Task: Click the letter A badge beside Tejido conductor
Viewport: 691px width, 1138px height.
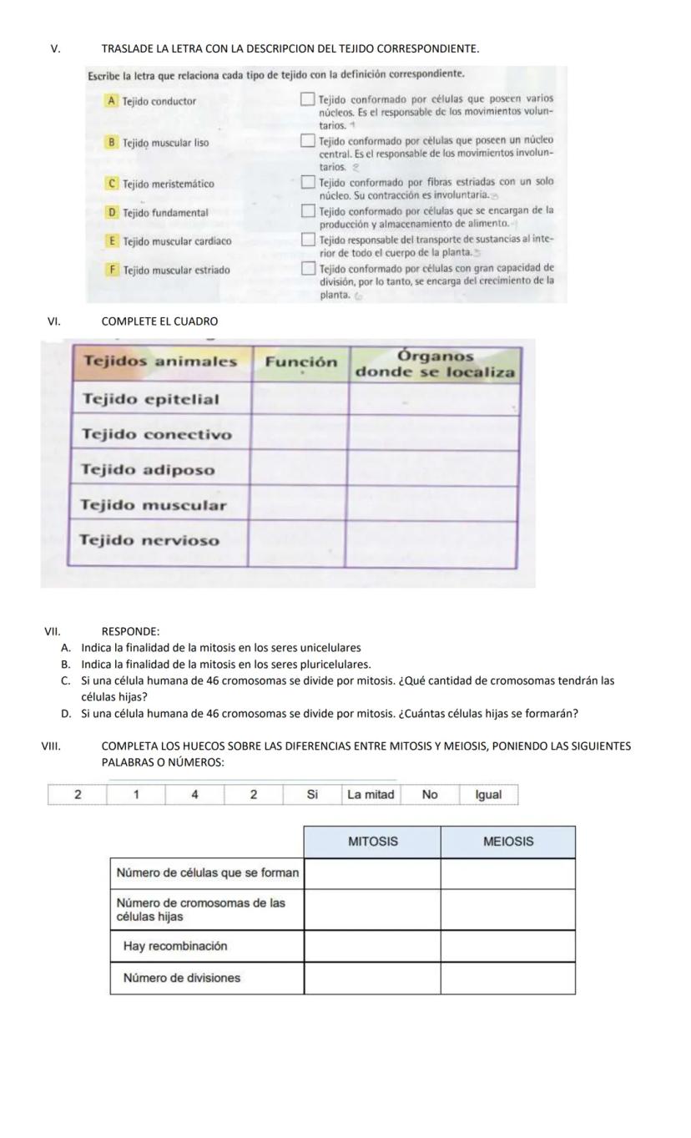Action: [x=111, y=100]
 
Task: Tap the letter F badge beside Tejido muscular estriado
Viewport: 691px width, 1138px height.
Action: [x=112, y=270]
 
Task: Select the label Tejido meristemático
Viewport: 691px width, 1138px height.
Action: [x=168, y=184]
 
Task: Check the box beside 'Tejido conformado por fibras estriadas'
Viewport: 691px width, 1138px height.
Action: [x=309, y=182]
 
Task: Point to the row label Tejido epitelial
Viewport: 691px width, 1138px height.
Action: [x=151, y=399]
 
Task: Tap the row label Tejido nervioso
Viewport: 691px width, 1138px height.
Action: [x=150, y=540]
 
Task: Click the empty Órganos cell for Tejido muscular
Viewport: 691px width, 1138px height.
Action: [x=432, y=505]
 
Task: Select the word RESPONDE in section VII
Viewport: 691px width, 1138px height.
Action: [x=130, y=631]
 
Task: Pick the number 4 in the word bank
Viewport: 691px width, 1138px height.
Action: [x=194, y=795]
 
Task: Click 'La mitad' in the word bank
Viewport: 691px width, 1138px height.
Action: [x=371, y=795]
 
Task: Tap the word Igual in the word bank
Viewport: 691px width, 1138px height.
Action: [x=488, y=795]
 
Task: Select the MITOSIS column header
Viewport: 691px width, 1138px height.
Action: [x=372, y=842]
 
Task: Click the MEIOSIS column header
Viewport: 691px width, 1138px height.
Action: [x=508, y=842]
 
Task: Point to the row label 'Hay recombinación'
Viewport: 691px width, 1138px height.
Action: [x=175, y=946]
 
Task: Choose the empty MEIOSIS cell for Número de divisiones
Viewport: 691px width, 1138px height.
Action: [x=508, y=978]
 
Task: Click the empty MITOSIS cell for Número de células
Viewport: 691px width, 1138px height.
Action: [x=372, y=873]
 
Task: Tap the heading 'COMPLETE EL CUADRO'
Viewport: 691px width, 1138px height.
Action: [x=159, y=321]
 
